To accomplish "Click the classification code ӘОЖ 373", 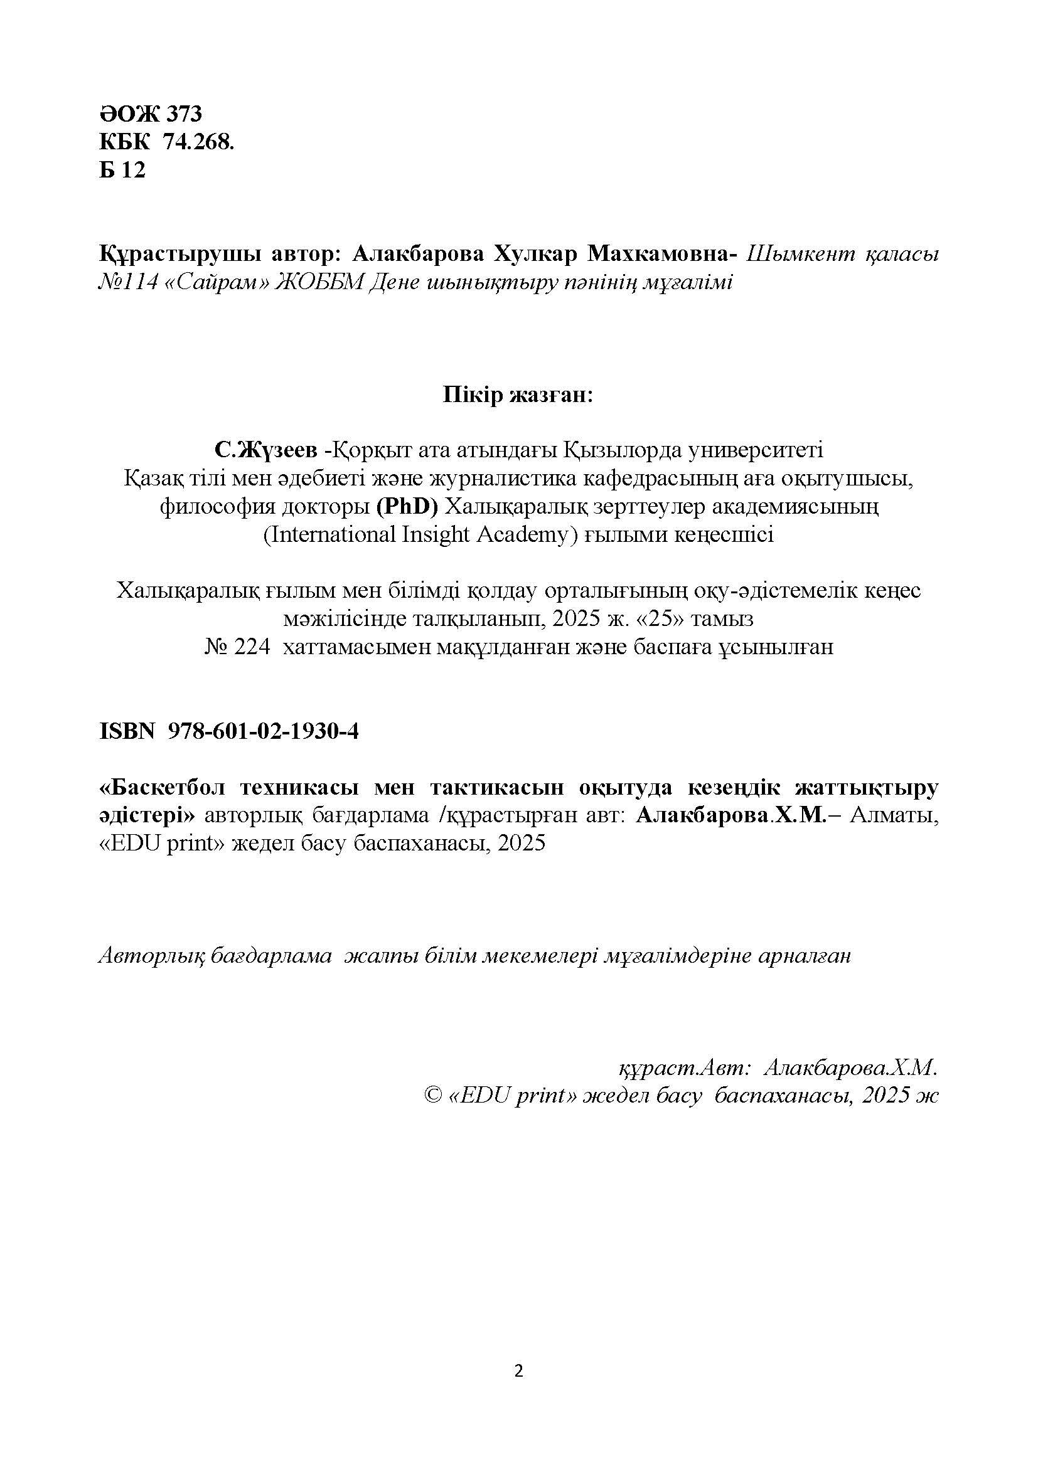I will pyautogui.click(x=150, y=114).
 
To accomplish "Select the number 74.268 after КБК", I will pyautogui.click(x=198, y=142).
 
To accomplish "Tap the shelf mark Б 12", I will pyautogui.click(x=122, y=170).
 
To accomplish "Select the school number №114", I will pyautogui.click(x=128, y=282).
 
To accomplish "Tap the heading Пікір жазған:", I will pyautogui.click(x=518, y=396).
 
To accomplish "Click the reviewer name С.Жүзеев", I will pyautogui.click(x=266, y=450).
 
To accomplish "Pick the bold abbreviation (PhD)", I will pyautogui.click(x=407, y=507).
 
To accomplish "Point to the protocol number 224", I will pyautogui.click(x=254, y=647).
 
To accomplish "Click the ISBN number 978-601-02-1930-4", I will pyautogui.click(x=263, y=731).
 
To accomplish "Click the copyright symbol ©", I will pyautogui.click(x=433, y=1096).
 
